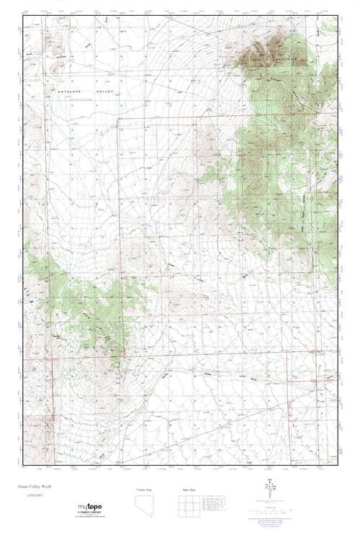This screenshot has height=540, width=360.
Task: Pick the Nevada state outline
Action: [x=144, y=506]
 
